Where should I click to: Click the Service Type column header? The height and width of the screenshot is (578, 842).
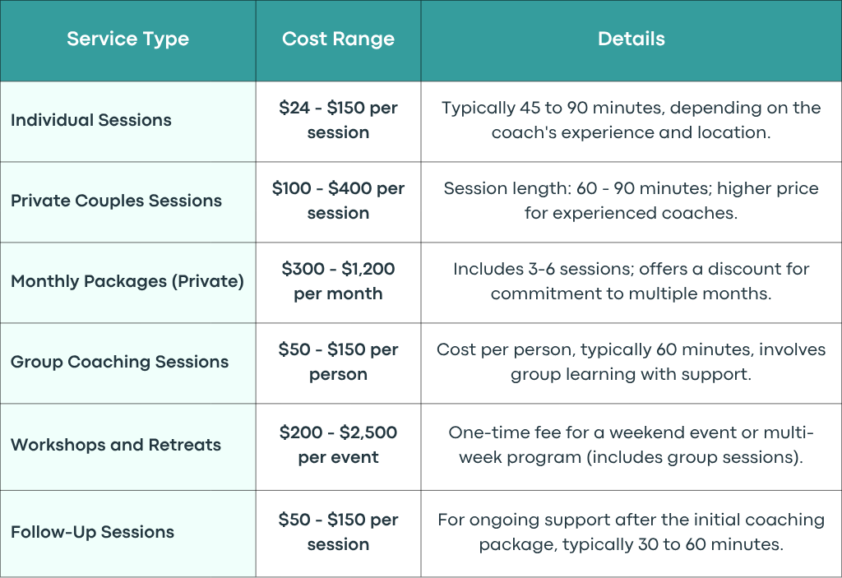point(127,39)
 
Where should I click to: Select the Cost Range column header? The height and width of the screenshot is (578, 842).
point(338,39)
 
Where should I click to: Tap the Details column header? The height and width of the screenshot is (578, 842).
point(631,39)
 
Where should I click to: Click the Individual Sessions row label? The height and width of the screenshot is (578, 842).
point(91,120)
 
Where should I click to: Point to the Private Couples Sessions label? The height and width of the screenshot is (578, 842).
point(116,201)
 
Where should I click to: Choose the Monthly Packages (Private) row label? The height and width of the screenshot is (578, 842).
point(127,281)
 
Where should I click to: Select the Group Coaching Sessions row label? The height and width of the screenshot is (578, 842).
point(120,362)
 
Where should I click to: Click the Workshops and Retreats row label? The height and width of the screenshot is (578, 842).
point(116,445)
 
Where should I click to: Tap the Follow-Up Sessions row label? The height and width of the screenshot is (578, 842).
point(92,532)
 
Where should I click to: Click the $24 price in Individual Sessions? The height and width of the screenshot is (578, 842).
point(294,108)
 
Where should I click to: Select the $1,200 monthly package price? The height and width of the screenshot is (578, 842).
point(368,269)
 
